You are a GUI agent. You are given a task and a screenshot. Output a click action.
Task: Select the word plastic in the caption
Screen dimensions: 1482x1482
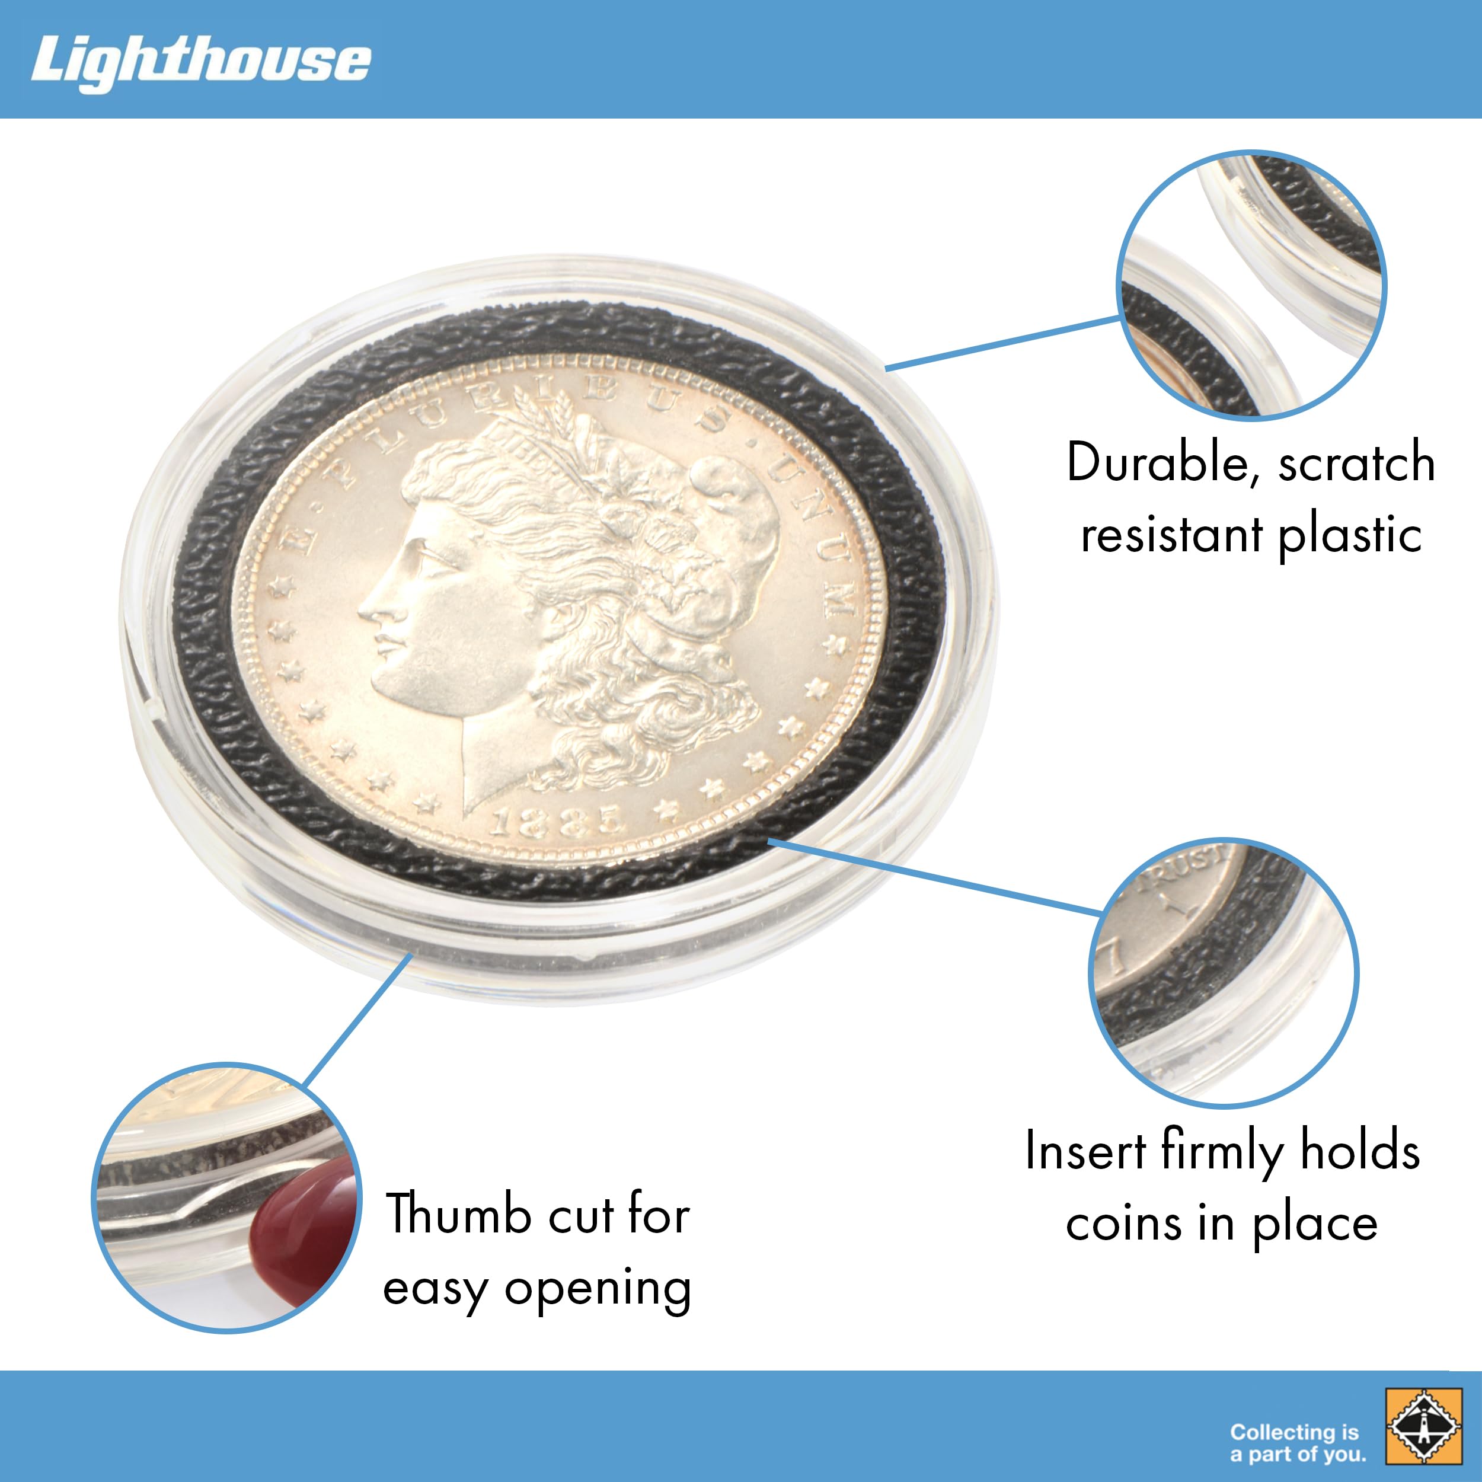[x=1350, y=535]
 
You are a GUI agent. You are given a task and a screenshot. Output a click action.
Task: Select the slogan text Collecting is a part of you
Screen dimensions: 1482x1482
[x=1298, y=1442]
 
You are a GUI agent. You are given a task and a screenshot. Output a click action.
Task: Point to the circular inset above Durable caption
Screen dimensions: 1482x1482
[x=1251, y=285]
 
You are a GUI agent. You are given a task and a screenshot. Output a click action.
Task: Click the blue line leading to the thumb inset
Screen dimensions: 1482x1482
[x=357, y=1020]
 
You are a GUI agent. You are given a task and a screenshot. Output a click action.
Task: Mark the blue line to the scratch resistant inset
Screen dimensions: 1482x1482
[x=1001, y=343]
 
